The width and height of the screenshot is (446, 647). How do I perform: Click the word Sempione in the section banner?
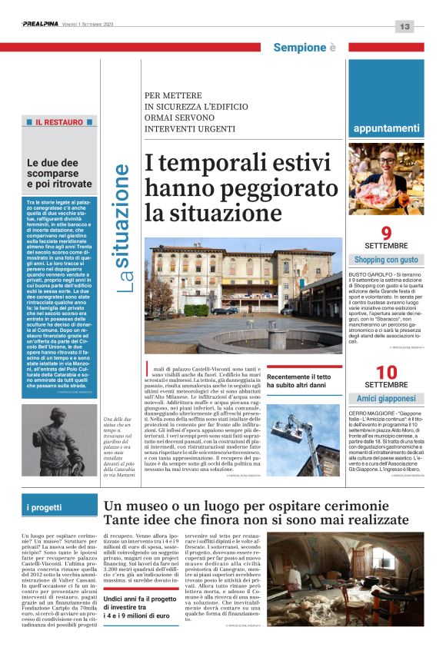tap(300, 48)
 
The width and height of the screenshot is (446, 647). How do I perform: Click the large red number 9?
tap(386, 234)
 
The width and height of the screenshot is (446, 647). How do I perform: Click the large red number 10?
tap(386, 372)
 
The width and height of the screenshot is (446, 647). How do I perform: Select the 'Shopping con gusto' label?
tap(386, 260)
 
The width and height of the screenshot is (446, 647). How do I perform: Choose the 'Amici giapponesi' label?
tap(386, 398)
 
